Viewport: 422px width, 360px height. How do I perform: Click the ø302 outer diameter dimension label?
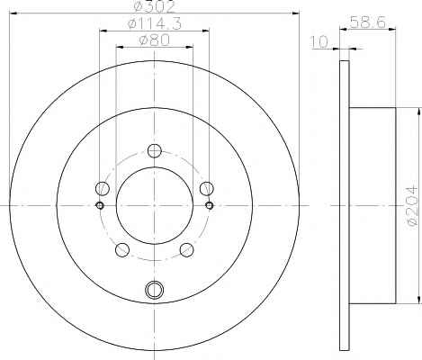(x=154, y=7)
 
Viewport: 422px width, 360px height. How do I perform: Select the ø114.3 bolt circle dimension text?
(x=155, y=23)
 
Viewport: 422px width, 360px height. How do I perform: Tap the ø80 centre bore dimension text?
(x=155, y=40)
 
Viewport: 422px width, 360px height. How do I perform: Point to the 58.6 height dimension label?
(x=367, y=22)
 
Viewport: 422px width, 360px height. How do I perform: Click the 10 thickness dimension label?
(x=319, y=42)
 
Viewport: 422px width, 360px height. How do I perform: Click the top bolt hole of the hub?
(x=155, y=150)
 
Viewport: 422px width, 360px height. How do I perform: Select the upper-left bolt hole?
(x=103, y=188)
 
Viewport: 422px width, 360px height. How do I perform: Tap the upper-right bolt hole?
(x=207, y=188)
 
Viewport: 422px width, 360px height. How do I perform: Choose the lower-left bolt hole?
(x=122, y=250)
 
